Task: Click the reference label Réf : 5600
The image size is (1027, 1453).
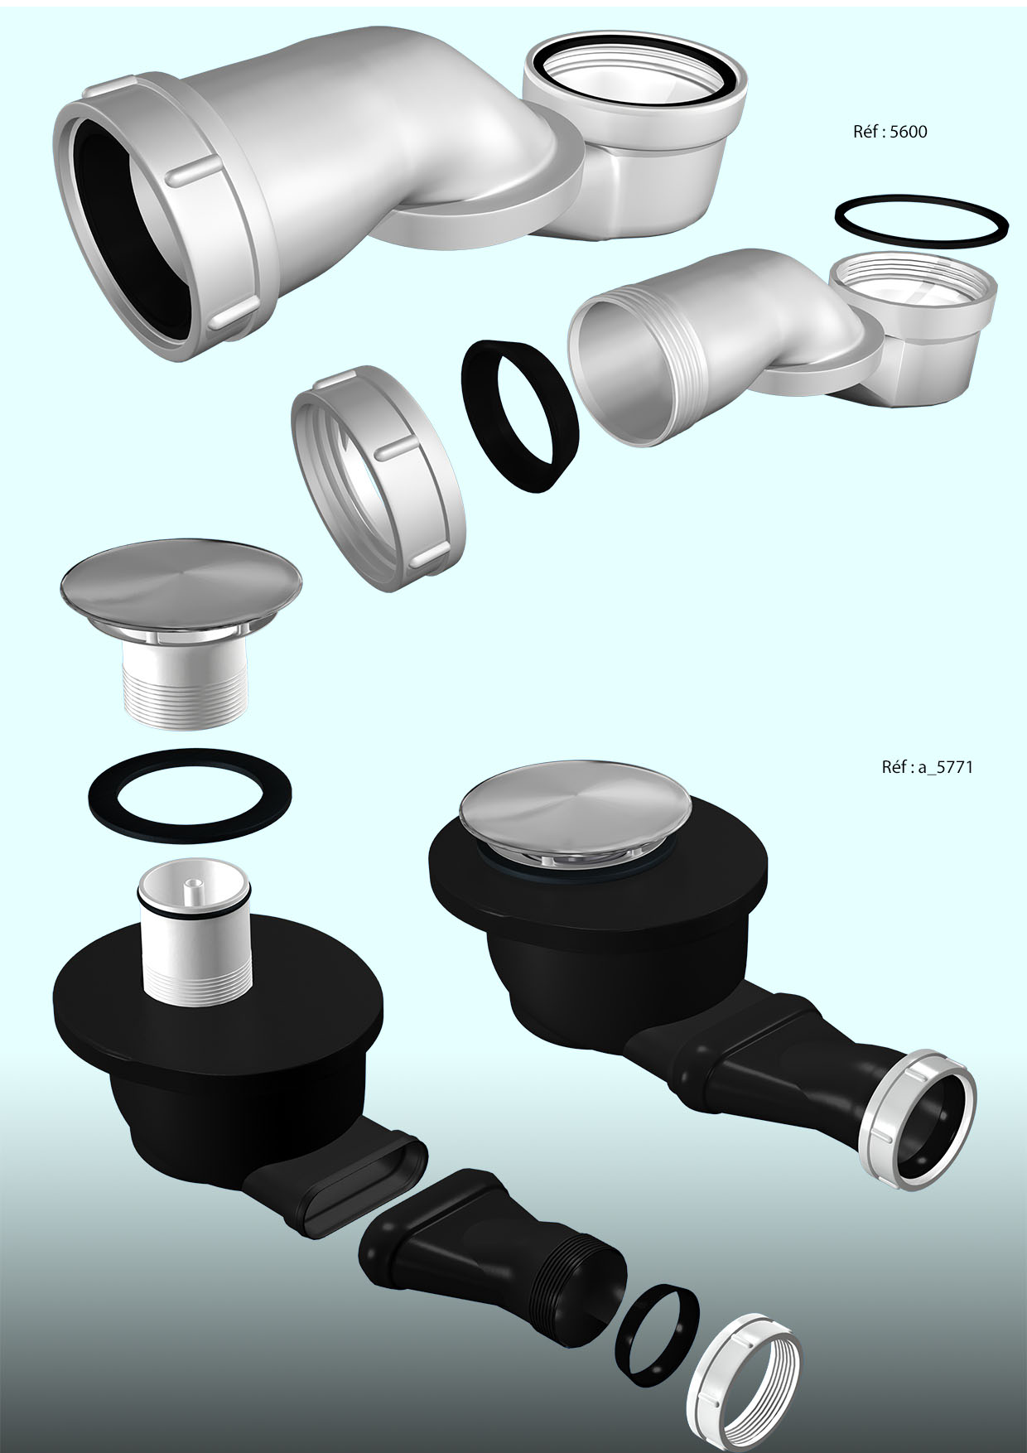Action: click(890, 131)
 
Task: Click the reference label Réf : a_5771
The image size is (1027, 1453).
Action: click(927, 767)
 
